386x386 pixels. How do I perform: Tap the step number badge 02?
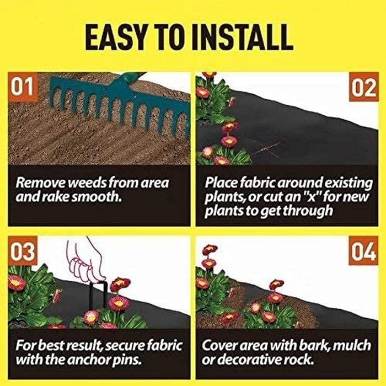[x=364, y=88]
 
